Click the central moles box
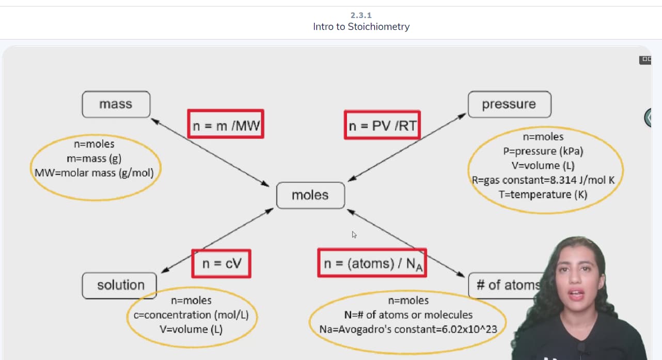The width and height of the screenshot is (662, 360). [310, 195]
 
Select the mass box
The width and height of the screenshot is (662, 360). [116, 104]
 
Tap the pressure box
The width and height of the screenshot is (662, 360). [509, 104]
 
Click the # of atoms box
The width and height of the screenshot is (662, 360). [506, 285]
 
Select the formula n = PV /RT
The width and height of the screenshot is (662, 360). [382, 125]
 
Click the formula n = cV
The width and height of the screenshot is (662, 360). [221, 263]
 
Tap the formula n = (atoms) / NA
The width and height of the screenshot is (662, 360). [372, 263]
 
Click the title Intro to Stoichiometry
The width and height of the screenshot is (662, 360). [361, 26]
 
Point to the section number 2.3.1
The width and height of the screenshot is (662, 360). [361, 15]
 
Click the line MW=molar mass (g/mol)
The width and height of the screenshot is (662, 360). [94, 173]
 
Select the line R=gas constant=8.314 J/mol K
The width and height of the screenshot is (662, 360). [543, 180]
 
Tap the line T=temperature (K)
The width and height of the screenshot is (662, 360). [543, 195]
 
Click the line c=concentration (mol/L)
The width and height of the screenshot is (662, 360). [191, 315]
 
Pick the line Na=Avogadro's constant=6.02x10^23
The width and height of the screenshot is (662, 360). [407, 329]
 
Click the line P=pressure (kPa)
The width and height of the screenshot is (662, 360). [543, 151]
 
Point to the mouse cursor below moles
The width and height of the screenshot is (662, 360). [354, 234]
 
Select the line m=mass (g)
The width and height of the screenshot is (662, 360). [94, 159]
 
